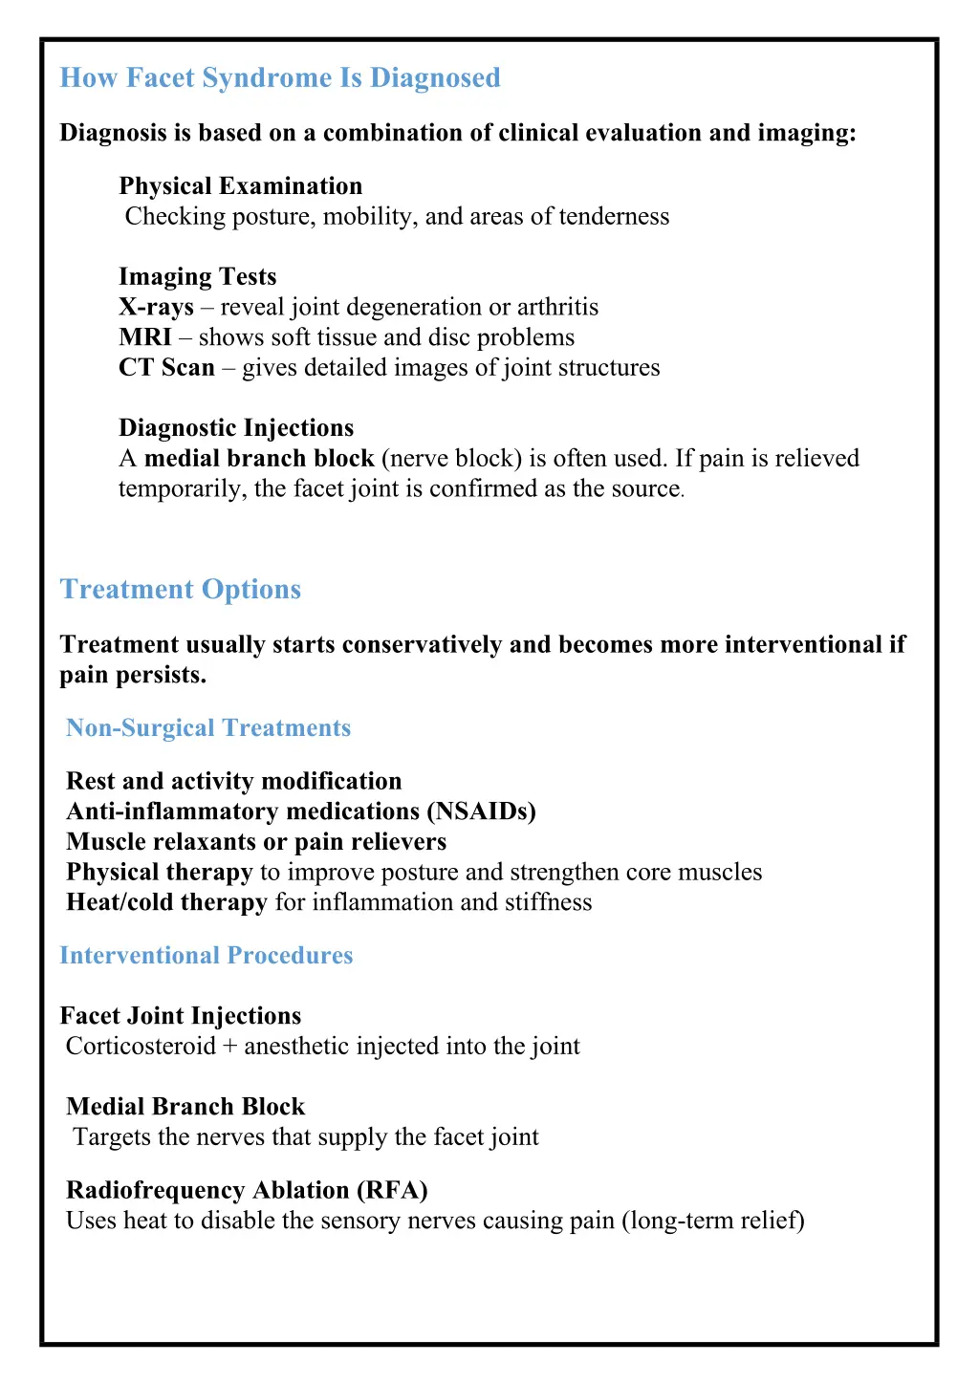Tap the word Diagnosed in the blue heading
pyautogui.click(x=435, y=78)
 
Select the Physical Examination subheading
pyautogui.click(x=240, y=186)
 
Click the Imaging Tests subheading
pyautogui.click(x=197, y=277)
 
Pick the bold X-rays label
pyautogui.click(x=156, y=308)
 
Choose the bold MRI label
pyautogui.click(x=145, y=337)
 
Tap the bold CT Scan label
pyautogui.click(x=166, y=368)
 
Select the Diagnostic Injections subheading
pyautogui.click(x=236, y=428)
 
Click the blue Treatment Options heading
pyautogui.click(x=181, y=590)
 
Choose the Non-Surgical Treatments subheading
pyautogui.click(x=208, y=728)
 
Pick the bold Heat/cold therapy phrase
pyautogui.click(x=166, y=903)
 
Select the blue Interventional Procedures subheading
pyautogui.click(x=207, y=956)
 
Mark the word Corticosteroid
pyautogui.click(x=141, y=1047)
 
